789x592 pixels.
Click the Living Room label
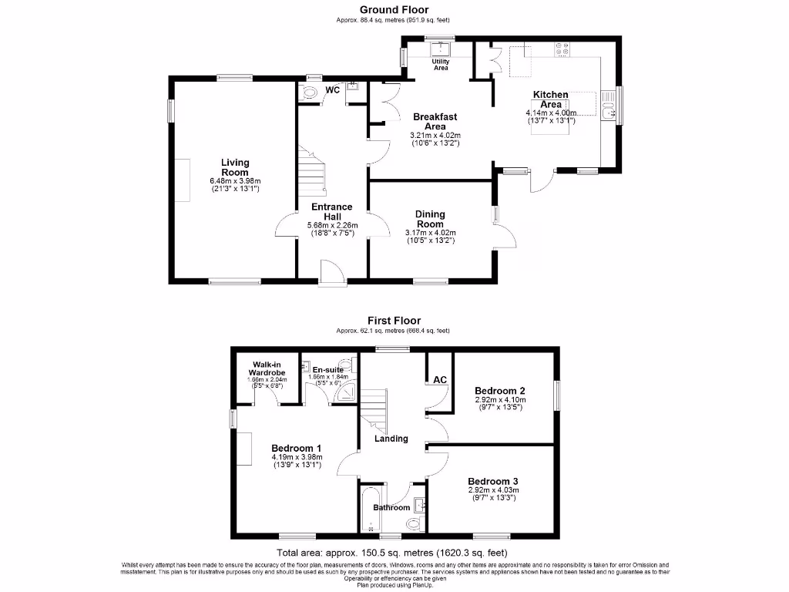coord(235,167)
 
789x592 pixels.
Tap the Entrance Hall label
coord(332,211)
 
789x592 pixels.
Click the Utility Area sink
coord(440,49)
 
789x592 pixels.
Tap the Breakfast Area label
coord(435,121)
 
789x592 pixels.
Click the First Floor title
coord(394,320)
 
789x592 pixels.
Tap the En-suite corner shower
coord(344,393)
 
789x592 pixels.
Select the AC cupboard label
coord(440,380)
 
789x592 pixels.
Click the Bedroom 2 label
coord(501,389)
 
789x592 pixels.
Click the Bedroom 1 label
coord(297,448)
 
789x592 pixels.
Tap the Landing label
coord(391,439)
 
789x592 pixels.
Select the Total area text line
coord(393,553)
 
